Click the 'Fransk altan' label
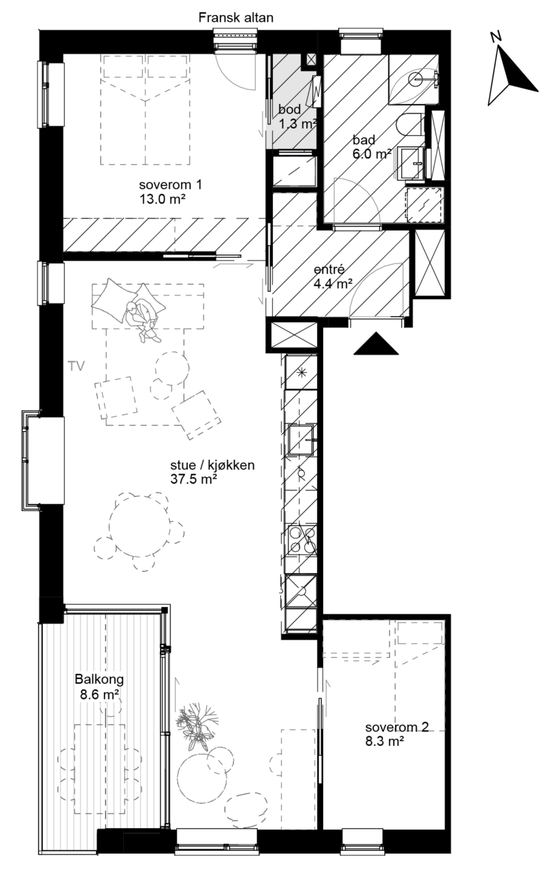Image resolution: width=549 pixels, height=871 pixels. tap(235, 18)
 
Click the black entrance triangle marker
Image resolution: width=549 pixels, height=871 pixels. tap(376, 344)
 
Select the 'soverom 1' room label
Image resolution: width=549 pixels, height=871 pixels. tap(170, 184)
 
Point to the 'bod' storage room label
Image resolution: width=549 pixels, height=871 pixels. tap(290, 110)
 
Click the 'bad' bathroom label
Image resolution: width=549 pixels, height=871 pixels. tap(364, 139)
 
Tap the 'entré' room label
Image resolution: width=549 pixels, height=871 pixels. tap(329, 269)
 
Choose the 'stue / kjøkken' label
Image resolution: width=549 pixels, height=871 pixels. tap(212, 465)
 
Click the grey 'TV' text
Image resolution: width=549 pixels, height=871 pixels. tap(76, 366)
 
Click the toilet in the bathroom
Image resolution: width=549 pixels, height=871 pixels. tap(410, 125)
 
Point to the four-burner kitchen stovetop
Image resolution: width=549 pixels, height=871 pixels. tap(303, 539)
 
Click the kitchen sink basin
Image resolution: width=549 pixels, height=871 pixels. tap(301, 440)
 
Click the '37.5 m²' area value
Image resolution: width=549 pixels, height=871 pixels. tap(194, 479)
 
